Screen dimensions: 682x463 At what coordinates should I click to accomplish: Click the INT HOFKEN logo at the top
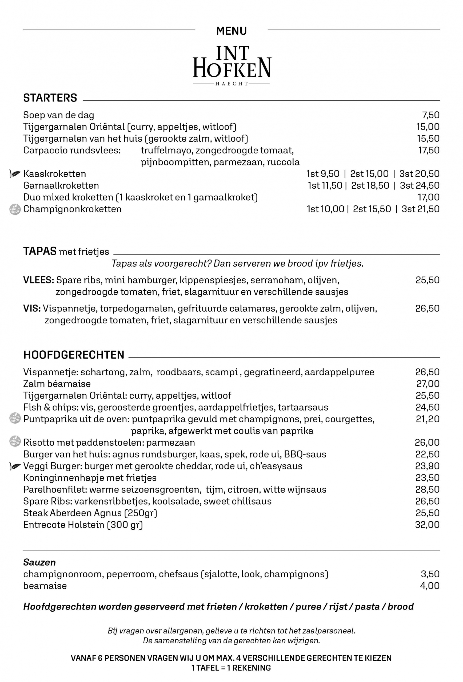[232, 65]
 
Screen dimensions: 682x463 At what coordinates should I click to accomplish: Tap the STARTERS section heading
[50, 98]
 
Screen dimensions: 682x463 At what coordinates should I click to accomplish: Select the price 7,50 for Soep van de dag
[431, 115]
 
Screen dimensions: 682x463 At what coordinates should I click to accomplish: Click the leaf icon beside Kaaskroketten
[15, 174]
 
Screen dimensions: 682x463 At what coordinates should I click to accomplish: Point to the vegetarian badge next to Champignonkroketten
[15, 209]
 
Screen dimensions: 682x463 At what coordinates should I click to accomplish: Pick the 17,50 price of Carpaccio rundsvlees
[429, 150]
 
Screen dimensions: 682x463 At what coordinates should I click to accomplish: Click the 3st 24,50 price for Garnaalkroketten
[420, 185]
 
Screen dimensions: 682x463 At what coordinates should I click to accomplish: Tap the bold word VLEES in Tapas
[38, 280]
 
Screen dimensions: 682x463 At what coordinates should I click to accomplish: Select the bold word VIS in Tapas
[32, 308]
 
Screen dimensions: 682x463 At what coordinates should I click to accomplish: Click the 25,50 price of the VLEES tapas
[428, 280]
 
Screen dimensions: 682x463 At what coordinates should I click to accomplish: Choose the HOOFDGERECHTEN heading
[74, 355]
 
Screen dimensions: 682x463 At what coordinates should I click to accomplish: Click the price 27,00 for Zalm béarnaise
[428, 384]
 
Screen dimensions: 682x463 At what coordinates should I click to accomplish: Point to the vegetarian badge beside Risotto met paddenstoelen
[15, 441]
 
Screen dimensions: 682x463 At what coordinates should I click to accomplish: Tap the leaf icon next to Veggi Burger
[15, 466]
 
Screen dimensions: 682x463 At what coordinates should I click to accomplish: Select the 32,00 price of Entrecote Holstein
[427, 525]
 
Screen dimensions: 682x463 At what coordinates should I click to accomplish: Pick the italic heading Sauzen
[39, 562]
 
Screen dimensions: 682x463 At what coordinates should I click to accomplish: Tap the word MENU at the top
[232, 31]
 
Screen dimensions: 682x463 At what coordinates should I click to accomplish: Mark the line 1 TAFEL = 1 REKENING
[231, 668]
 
